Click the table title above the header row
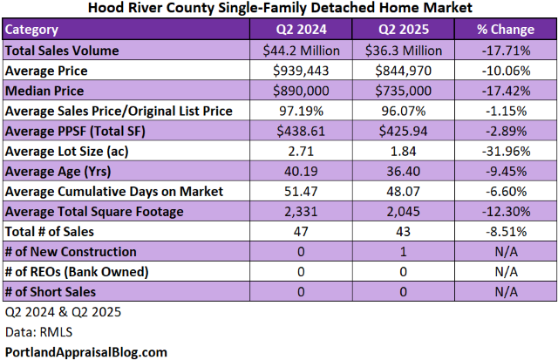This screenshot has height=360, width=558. [x=279, y=8]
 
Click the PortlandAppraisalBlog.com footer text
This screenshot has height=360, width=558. [x=85, y=351]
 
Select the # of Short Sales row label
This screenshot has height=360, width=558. [x=51, y=292]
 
